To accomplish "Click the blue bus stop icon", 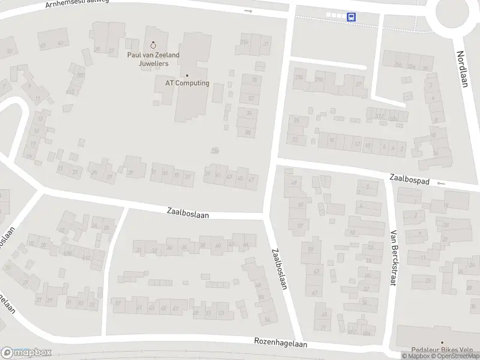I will pos(351,17).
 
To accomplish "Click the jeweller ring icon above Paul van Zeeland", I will pos(153,44).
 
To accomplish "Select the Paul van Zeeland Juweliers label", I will pos(152,59).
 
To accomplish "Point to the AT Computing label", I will pos(187,83).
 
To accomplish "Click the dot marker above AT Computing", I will pos(187,76).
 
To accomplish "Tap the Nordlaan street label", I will pos(461,68).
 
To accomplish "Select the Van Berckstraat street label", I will pos(394,257).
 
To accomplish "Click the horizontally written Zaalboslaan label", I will pos(188,212).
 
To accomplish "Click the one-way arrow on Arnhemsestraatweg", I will pos(248,11).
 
